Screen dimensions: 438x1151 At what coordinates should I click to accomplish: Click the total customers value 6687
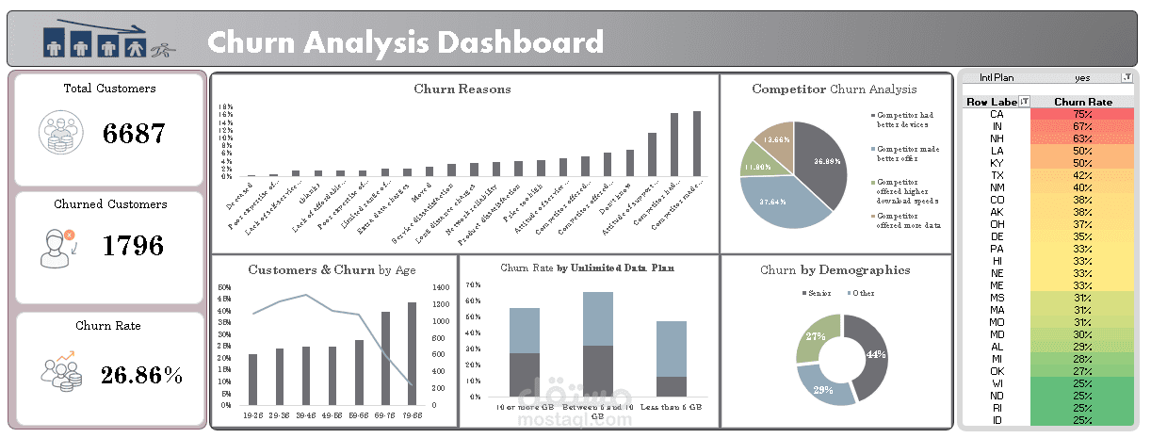tap(135, 133)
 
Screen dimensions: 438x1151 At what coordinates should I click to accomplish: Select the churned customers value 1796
tap(133, 246)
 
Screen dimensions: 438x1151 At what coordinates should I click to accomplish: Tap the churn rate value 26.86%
tap(142, 376)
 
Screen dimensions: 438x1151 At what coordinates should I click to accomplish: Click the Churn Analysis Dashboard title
tap(405, 42)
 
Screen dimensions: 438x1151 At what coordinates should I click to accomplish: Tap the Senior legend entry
tap(816, 293)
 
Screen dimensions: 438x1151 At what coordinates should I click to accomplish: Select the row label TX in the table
tap(997, 175)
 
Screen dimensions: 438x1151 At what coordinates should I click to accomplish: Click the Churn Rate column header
tap(1082, 102)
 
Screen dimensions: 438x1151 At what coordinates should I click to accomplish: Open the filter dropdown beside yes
tap(1127, 77)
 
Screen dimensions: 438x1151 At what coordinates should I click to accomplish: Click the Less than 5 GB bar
tap(671, 359)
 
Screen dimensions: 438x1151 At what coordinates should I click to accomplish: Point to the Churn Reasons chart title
tap(462, 89)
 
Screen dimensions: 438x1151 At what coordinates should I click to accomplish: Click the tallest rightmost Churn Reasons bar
tap(697, 143)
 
